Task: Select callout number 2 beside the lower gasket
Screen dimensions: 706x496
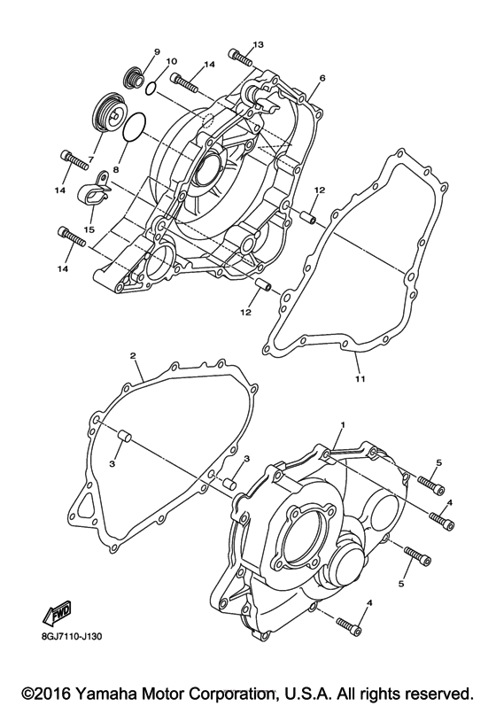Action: (x=133, y=356)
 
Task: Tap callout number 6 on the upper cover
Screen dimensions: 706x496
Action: (x=322, y=78)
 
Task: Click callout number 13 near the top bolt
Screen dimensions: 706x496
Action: (x=259, y=44)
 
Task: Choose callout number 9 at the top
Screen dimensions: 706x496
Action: (x=156, y=52)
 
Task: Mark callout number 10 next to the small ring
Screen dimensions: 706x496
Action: (x=172, y=61)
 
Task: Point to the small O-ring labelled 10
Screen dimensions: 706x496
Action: (x=152, y=88)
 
